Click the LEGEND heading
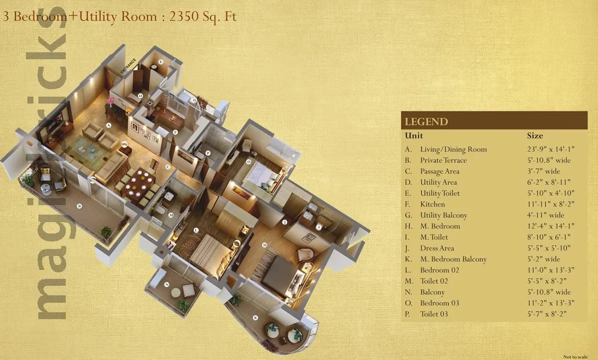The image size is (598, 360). point(426,121)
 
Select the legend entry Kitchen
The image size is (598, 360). point(433,204)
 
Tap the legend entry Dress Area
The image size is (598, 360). point(437,248)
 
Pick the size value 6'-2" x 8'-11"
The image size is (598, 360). point(548,182)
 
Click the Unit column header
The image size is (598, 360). point(414,135)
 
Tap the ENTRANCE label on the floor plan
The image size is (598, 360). point(128,66)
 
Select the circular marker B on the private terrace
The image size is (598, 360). point(79,205)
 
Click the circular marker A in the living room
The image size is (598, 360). point(108,125)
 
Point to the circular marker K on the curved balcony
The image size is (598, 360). point(256,317)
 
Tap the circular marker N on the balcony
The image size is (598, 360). point(166,284)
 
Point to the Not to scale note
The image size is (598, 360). point(576,357)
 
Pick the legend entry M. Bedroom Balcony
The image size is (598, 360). point(453,259)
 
